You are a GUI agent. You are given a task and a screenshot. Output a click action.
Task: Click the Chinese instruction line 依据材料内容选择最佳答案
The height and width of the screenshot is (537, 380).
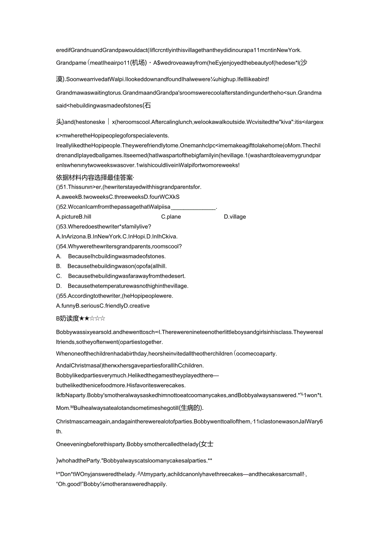point(95,177)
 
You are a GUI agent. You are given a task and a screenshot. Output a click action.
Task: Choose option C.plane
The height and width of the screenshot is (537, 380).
point(171,217)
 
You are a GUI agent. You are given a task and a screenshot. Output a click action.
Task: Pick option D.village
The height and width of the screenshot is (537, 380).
point(235,217)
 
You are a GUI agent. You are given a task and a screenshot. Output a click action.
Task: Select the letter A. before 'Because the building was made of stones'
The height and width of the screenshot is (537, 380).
point(58,256)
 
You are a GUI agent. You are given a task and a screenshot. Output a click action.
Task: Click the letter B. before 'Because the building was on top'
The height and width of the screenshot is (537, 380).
point(58,266)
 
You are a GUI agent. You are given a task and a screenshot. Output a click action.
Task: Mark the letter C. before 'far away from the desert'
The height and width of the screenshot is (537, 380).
point(59,276)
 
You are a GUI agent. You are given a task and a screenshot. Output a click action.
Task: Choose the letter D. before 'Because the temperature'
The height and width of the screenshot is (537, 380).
point(59,286)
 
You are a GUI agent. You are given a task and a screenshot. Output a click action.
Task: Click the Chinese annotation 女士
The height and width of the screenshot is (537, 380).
point(206,444)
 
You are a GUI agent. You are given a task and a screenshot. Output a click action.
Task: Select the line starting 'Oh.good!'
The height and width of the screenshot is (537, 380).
point(111,484)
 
